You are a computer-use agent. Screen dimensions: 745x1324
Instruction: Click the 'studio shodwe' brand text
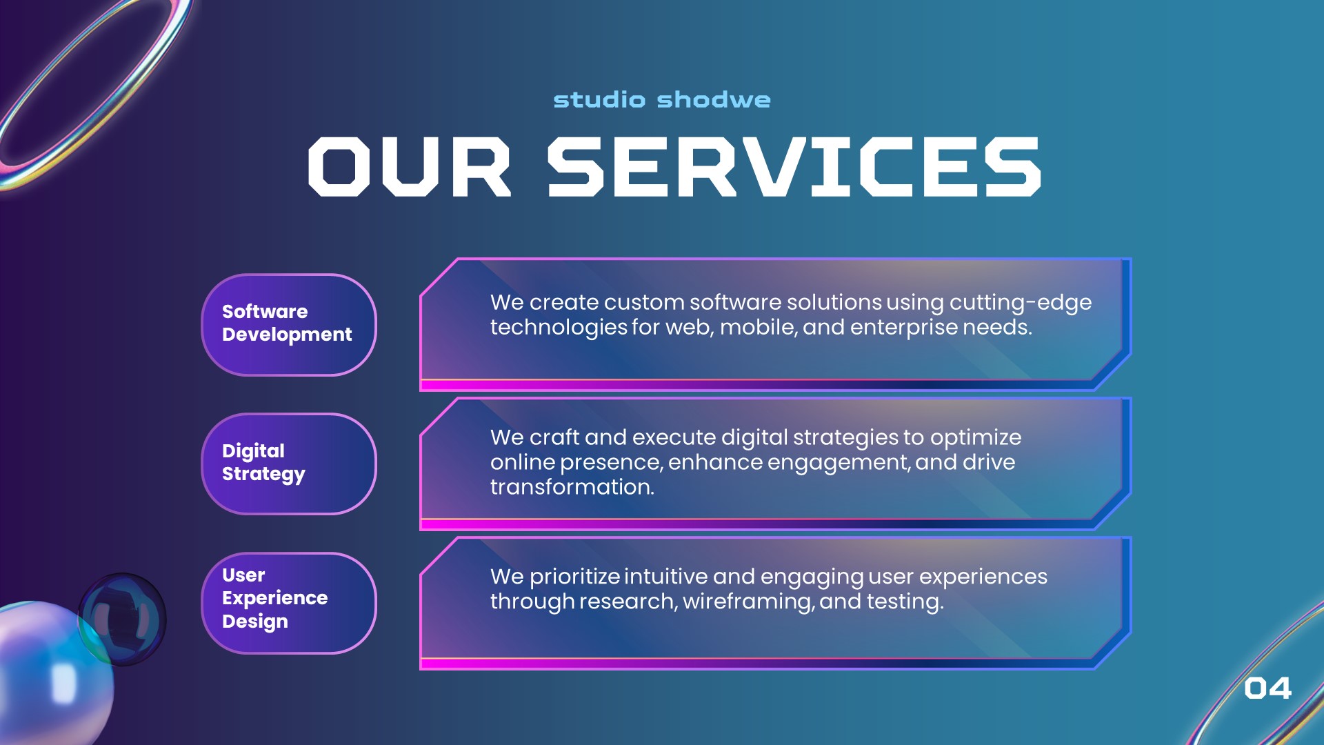pyautogui.click(x=662, y=100)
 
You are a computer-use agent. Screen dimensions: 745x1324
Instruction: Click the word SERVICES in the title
pyautogui.click(x=794, y=166)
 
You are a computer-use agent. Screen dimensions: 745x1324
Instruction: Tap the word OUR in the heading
pyautogui.click(x=409, y=166)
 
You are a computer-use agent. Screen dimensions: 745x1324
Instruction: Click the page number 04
pyautogui.click(x=1267, y=688)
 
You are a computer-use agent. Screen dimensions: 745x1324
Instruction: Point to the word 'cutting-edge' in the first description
pyautogui.click(x=1021, y=303)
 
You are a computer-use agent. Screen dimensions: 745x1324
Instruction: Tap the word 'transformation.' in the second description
pyautogui.click(x=572, y=488)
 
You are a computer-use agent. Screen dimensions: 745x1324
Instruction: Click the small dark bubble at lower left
pyautogui.click(x=123, y=619)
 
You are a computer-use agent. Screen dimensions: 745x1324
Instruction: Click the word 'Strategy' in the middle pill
pyautogui.click(x=263, y=474)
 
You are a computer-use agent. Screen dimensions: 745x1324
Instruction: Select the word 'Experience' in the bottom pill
pyautogui.click(x=274, y=598)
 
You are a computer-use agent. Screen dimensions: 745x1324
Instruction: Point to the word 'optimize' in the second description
pyautogui.click(x=975, y=438)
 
